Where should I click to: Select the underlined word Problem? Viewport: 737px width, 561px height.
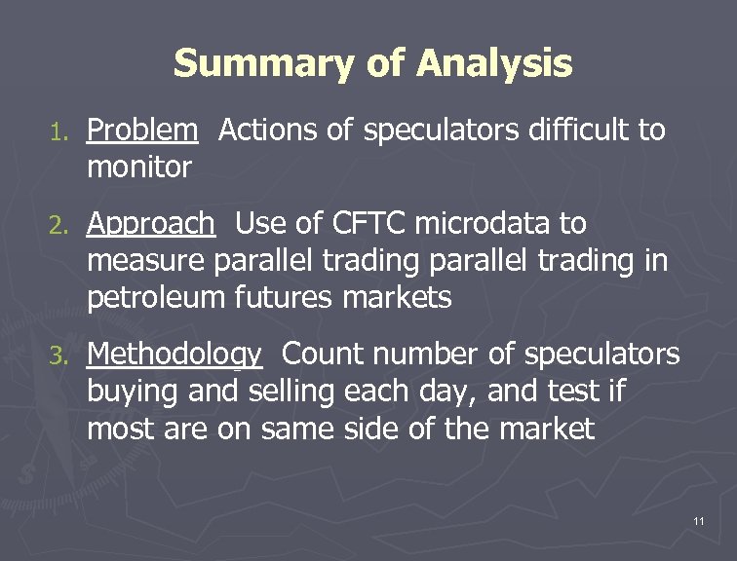[141, 131]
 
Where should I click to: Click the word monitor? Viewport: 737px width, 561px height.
[139, 168]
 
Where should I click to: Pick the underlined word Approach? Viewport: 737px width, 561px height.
[150, 225]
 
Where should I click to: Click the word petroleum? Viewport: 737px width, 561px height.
[157, 298]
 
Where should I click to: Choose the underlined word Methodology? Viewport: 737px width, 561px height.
[174, 355]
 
